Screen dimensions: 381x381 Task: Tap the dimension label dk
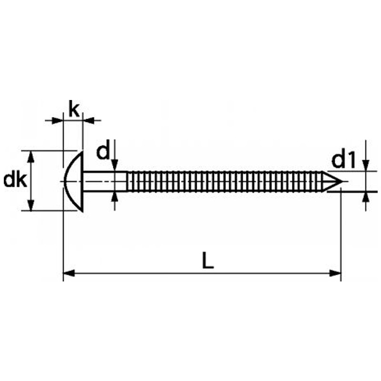[14, 180]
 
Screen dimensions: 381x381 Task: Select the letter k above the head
[73, 109]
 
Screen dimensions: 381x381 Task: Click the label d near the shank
[103, 152]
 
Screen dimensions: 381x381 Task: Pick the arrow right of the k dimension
[88, 120]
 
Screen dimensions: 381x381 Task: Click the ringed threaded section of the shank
[224, 181]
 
